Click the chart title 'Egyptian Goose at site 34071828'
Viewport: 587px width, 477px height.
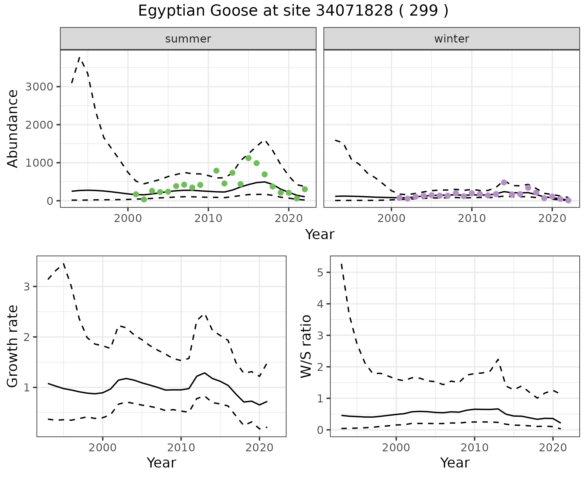[293, 11]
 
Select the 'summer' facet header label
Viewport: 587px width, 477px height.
[188, 39]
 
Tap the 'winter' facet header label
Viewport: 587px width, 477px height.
[452, 39]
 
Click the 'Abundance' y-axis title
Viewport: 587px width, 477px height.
[13, 128]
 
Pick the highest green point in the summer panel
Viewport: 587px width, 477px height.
[248, 158]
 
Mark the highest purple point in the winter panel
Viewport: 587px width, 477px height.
[504, 182]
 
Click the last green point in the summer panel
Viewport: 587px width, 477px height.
[305, 189]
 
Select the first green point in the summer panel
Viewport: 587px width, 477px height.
[136, 194]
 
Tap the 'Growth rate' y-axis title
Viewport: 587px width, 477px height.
[13, 346]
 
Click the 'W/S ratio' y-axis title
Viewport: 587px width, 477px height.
[306, 346]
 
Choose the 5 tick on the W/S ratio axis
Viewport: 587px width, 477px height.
[319, 272]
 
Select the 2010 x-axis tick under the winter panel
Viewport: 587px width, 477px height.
[472, 219]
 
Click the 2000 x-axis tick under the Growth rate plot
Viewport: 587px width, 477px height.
[103, 448]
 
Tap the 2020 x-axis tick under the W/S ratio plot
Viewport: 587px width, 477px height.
[553, 448]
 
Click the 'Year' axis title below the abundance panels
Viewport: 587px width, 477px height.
[320, 235]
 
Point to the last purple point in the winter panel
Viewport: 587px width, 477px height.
[568, 201]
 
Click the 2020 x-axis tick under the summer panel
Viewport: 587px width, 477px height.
[289, 219]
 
